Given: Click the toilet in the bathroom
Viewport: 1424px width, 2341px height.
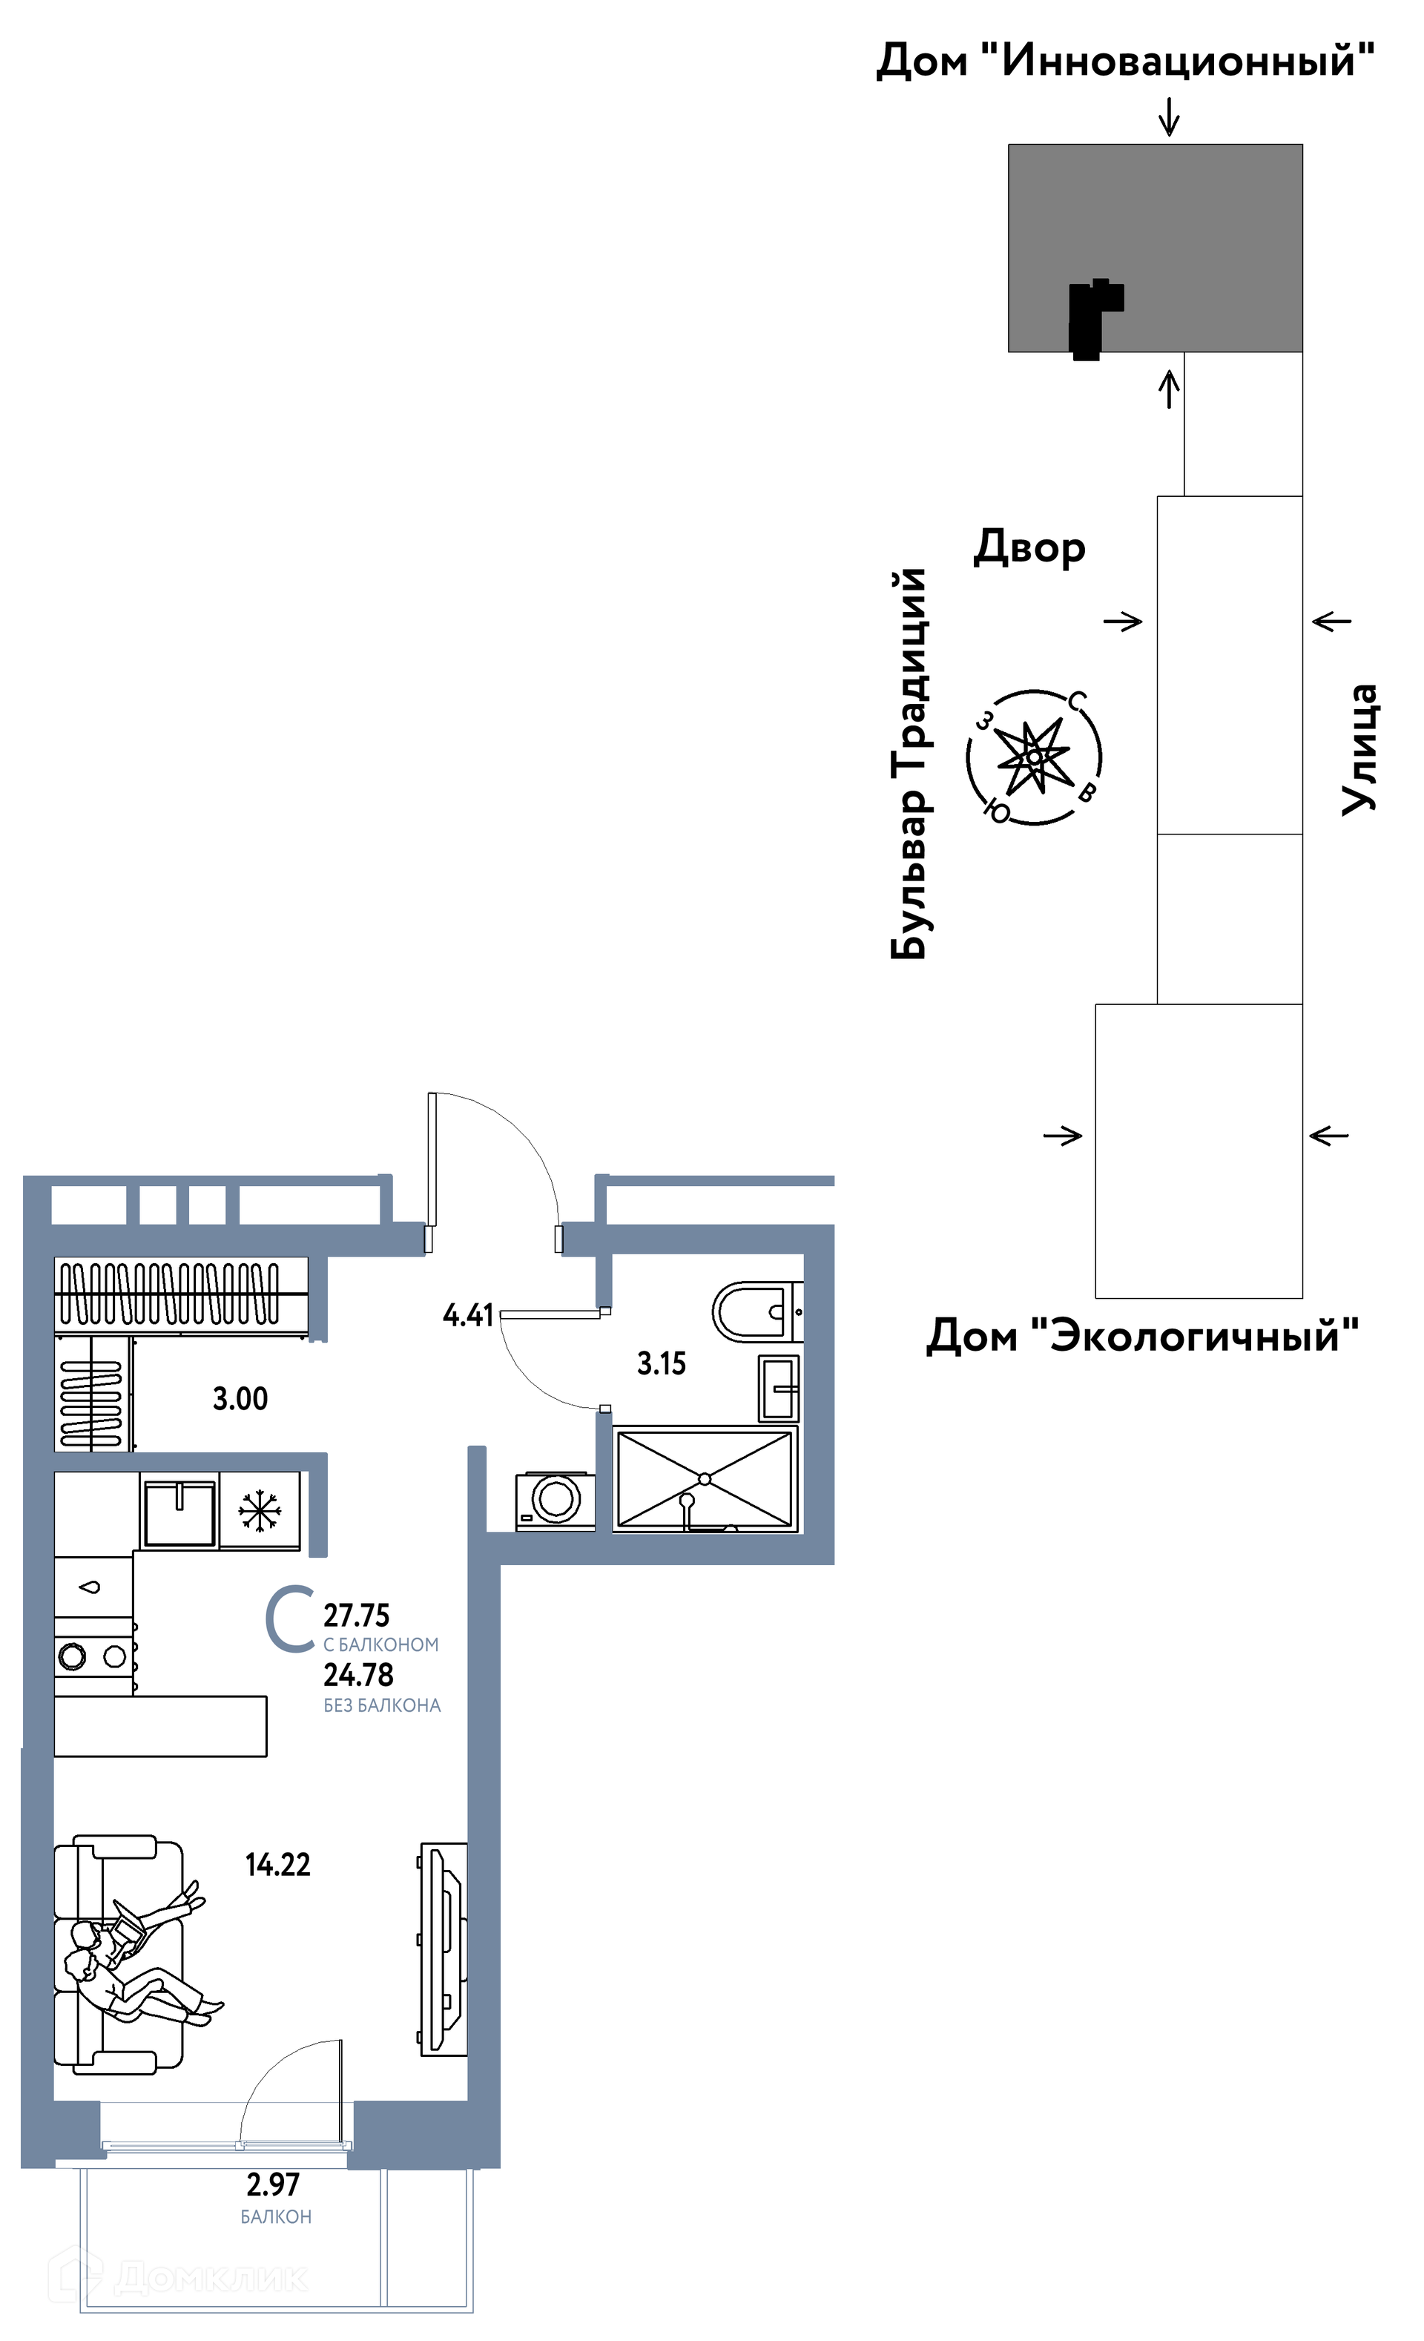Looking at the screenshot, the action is click(757, 1311).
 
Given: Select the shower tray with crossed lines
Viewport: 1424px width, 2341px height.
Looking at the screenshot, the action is click(704, 1479).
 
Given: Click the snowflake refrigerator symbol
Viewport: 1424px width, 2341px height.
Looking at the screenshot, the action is click(260, 1511).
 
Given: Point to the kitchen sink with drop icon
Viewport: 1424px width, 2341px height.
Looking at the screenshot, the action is click(92, 1587).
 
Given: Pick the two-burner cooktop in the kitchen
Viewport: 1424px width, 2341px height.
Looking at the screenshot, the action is click(92, 1656).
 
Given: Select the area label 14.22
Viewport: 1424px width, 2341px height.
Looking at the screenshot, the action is click(277, 1865).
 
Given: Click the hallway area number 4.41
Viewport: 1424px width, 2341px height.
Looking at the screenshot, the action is click(468, 1315).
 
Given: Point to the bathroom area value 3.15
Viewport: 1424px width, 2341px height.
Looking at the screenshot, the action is click(661, 1363).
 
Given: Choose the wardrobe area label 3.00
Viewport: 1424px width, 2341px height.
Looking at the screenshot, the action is click(240, 1398).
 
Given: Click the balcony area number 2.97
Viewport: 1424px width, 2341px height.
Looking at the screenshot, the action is click(274, 2184).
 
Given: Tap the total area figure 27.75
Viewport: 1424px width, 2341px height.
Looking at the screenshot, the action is click(356, 1615).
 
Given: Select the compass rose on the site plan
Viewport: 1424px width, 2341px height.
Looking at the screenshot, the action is click(1034, 757).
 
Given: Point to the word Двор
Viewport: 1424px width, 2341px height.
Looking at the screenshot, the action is click(1029, 548).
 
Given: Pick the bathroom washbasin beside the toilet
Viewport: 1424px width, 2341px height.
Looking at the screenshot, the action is click(779, 1388).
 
